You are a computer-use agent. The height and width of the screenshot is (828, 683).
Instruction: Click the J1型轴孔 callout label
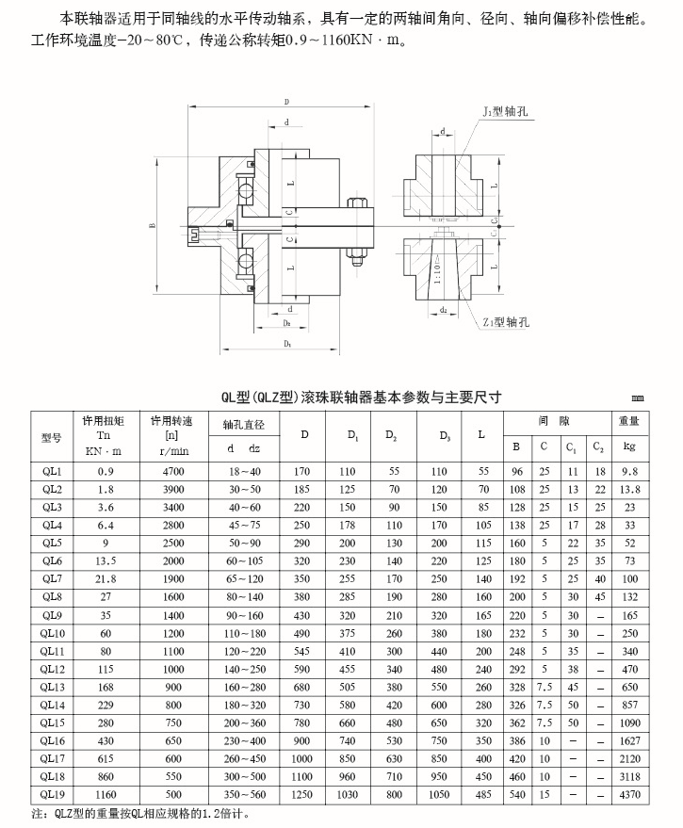pyautogui.click(x=507, y=111)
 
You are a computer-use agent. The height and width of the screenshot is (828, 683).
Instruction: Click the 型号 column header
pyautogui.click(x=51, y=435)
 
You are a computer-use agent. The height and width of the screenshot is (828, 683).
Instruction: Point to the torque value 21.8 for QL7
pyautogui.click(x=106, y=579)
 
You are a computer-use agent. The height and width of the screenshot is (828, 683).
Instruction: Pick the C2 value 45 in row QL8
pyautogui.click(x=600, y=597)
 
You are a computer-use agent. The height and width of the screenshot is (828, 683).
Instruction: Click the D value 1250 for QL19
pyautogui.click(x=303, y=795)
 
